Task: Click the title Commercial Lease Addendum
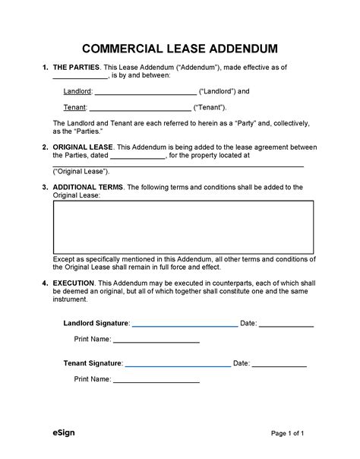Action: pos(179,49)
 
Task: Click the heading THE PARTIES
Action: pos(79,68)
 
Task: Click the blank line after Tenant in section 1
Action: pos(141,108)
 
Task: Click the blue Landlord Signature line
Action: pos(185,324)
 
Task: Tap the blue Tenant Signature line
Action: pos(178,365)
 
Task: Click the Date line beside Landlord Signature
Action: pos(287,324)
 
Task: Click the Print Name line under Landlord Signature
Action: pos(156,340)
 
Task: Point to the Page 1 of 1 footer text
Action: pos(288,434)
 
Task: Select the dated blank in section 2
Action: pos(137,156)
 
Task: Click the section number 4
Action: pos(45,283)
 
